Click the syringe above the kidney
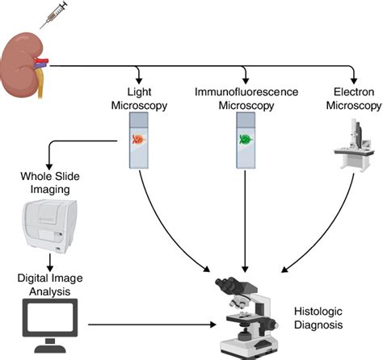tap(53, 15)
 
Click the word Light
tap(139, 92)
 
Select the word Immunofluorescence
tap(246, 92)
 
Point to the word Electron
tap(354, 92)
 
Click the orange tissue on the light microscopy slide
tap(139, 140)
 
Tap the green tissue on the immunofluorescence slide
tap(246, 140)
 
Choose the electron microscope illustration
tap(354, 145)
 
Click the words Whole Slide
tap(50, 177)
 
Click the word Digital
tap(32, 278)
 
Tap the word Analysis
tap(50, 291)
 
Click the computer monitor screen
tap(50, 317)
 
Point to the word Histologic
tap(318, 312)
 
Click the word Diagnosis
tap(318, 324)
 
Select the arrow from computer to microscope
tap(152, 324)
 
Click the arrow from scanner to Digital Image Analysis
tap(50, 262)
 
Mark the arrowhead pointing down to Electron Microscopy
tap(354, 81)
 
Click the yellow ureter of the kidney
tap(40, 83)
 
